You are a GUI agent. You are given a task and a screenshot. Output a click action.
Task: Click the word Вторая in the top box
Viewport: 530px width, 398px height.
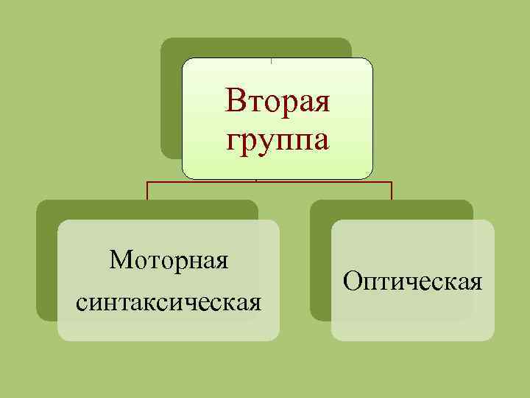click(x=278, y=99)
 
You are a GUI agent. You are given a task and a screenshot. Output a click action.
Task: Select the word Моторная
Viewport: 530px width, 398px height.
click(x=169, y=259)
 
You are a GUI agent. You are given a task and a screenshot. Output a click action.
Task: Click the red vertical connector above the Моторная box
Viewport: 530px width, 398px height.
click(x=148, y=191)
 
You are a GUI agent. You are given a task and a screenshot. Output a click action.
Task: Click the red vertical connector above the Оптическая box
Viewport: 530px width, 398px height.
click(x=391, y=191)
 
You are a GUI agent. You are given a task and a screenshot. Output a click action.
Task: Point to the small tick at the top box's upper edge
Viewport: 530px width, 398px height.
click(x=272, y=60)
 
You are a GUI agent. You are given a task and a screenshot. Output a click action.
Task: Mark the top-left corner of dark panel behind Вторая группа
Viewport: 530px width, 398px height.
click(x=164, y=41)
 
